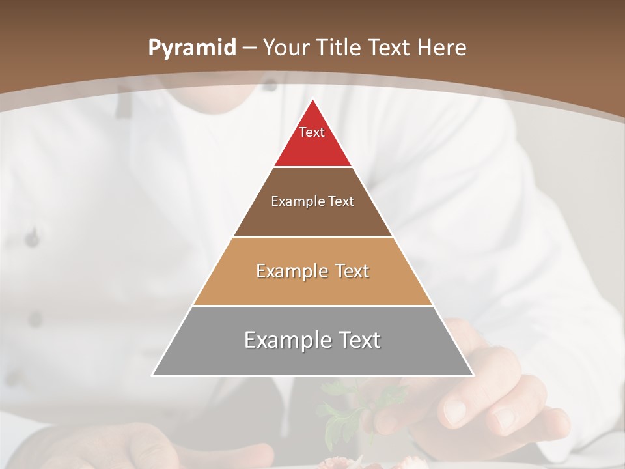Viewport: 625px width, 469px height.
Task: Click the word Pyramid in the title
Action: pyautogui.click(x=191, y=48)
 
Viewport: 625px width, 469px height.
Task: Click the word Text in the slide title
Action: pyautogui.click(x=389, y=48)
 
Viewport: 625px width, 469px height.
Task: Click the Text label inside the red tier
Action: pyautogui.click(x=312, y=132)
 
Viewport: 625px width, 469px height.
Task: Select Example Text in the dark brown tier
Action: pyautogui.click(x=312, y=201)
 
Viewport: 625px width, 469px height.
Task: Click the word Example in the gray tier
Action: pyautogui.click(x=287, y=340)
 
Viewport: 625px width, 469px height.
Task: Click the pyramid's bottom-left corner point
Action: pyautogui.click(x=153, y=375)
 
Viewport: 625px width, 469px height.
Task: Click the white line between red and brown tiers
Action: pyautogui.click(x=312, y=167)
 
